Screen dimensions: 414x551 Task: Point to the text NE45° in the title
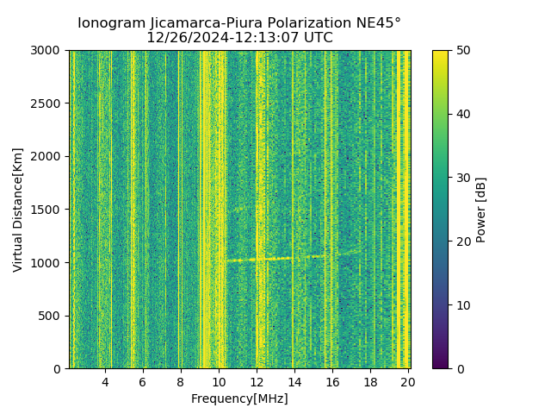(372, 23)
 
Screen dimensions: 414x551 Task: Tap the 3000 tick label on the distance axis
(47, 50)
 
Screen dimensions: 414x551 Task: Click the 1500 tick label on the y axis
(47, 210)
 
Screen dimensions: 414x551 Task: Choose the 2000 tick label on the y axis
(47, 156)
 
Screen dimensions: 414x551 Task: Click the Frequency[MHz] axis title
(239, 398)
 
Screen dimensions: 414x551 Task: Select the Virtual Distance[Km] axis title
(18, 210)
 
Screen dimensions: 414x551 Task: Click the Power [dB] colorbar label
(481, 210)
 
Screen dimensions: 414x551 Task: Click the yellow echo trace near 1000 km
(258, 259)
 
